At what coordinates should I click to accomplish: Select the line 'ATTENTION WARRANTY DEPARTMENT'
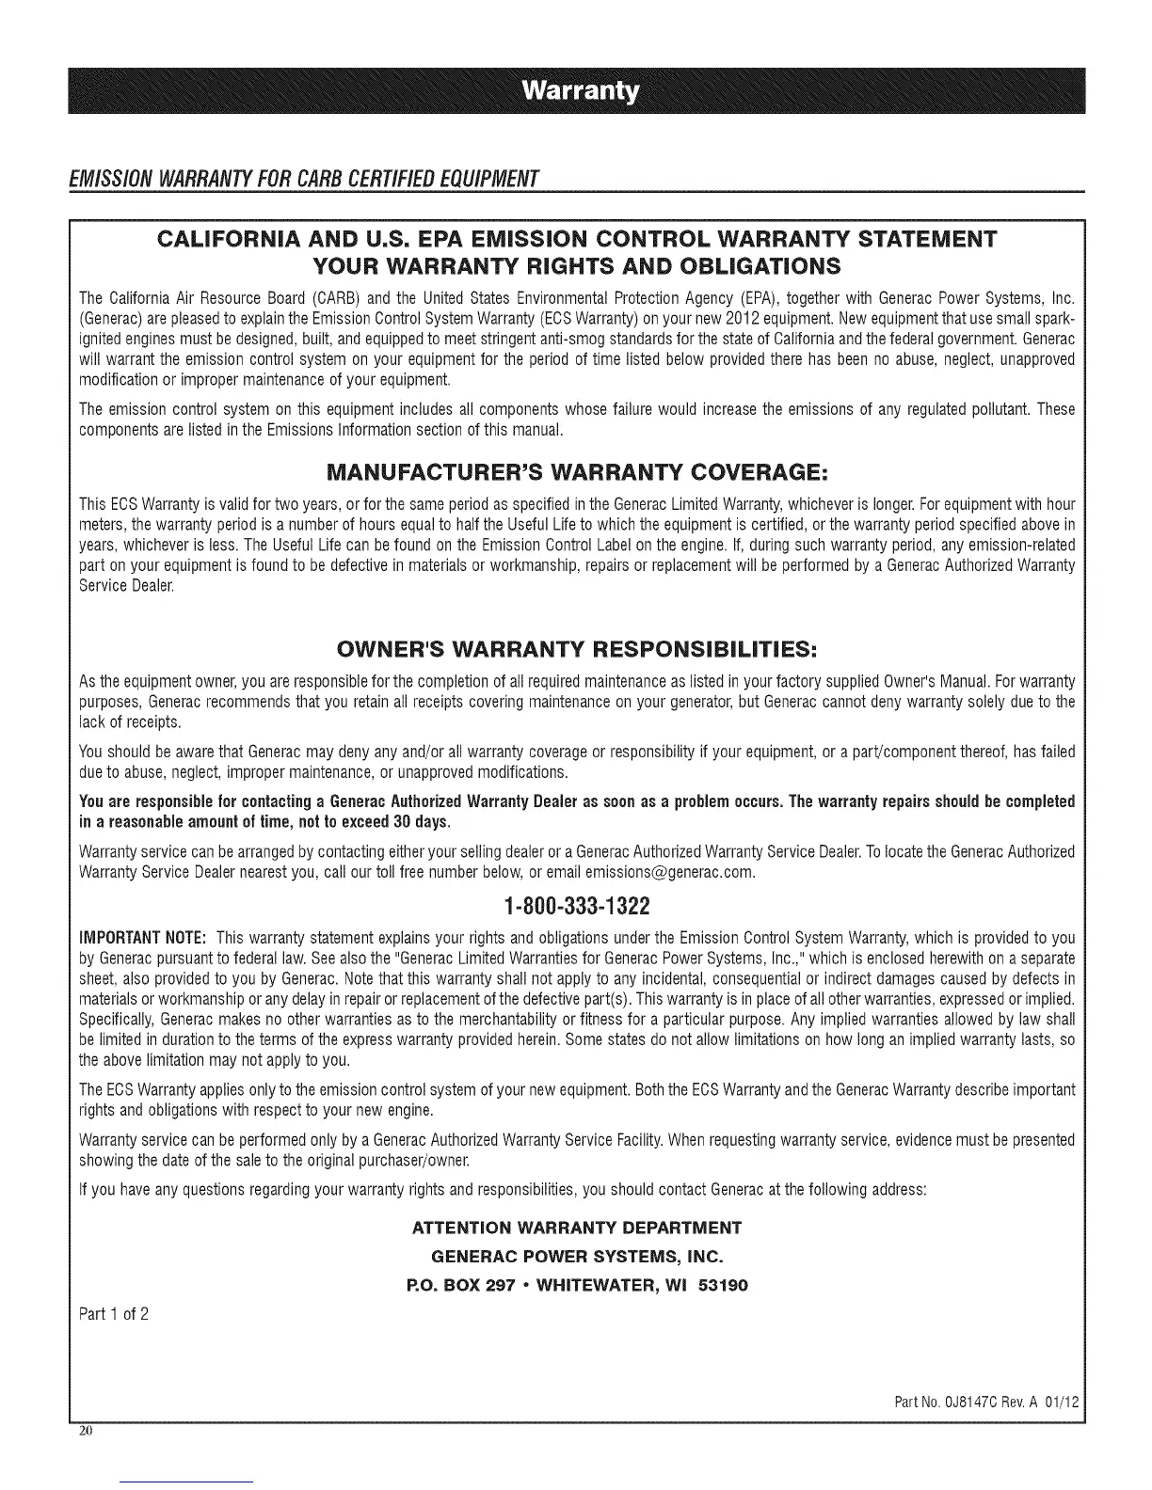click(576, 1228)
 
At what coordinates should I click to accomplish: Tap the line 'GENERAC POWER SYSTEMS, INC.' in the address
click(576, 1256)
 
